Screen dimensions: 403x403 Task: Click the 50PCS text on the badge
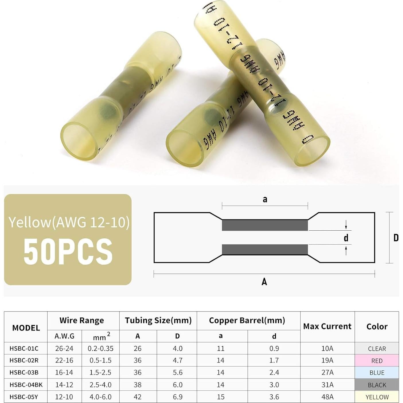click(68, 252)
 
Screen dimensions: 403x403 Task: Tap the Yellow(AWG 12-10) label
click(69, 222)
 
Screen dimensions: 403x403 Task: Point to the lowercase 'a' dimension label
click(265, 199)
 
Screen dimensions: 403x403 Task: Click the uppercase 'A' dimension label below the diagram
click(264, 282)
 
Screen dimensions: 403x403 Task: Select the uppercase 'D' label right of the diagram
click(396, 238)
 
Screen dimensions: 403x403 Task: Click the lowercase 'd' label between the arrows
click(346, 238)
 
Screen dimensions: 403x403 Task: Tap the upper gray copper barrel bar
click(265, 225)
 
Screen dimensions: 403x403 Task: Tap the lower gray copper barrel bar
click(265, 250)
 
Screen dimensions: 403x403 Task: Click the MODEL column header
click(26, 328)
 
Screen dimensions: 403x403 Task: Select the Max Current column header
click(327, 326)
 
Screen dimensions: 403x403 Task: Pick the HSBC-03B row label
click(24, 372)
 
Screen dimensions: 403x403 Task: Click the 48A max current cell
click(327, 397)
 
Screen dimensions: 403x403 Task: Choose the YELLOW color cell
click(377, 397)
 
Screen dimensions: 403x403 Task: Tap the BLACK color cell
click(377, 385)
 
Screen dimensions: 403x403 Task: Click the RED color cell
click(377, 361)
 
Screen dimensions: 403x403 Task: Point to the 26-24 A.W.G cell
click(64, 349)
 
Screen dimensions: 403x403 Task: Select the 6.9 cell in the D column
click(178, 397)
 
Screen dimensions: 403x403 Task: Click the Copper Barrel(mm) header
click(247, 320)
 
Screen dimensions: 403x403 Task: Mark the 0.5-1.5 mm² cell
click(100, 360)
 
